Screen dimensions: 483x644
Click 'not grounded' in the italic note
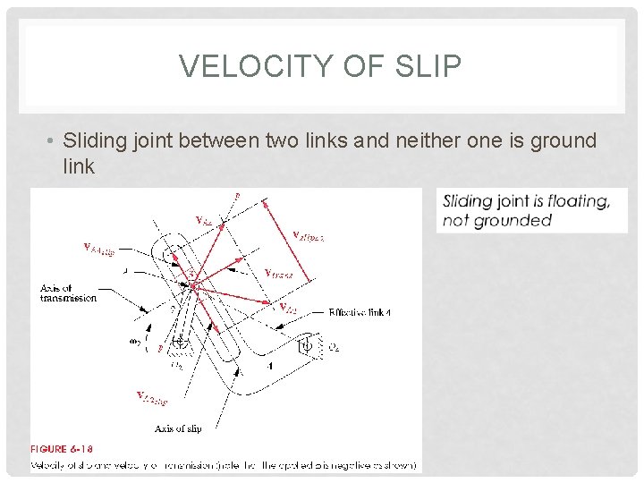point(497,220)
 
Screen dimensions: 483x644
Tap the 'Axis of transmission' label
point(68,292)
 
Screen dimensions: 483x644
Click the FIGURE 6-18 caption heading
point(62,449)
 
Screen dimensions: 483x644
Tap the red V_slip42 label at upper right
point(309,235)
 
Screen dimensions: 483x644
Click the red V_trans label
point(281,273)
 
